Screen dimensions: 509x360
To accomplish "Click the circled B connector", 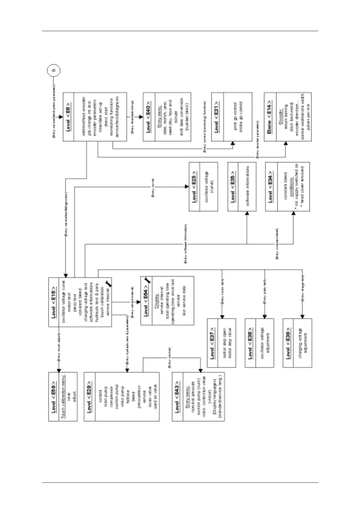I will click(54, 70).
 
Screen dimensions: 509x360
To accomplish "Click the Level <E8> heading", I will click(68, 117).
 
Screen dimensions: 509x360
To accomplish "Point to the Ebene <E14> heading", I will click(269, 117).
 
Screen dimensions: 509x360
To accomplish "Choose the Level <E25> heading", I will click(194, 186).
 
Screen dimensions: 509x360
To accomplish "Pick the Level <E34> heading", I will click(271, 186).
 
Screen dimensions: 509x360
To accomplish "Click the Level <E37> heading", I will click(212, 343).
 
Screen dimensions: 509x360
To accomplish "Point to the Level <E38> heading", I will click(250, 343).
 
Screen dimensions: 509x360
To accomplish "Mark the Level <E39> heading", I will click(288, 343).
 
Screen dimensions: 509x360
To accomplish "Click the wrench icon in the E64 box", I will click(148, 280).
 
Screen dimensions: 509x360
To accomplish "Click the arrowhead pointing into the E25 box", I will click(187, 186).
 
